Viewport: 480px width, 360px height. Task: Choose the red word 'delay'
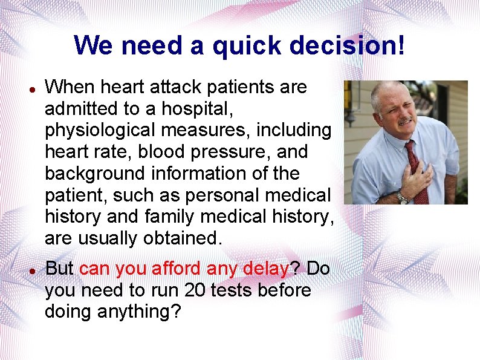click(265, 269)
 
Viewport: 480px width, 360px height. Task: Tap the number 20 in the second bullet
click(195, 290)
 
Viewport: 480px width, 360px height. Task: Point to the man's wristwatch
click(402, 197)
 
